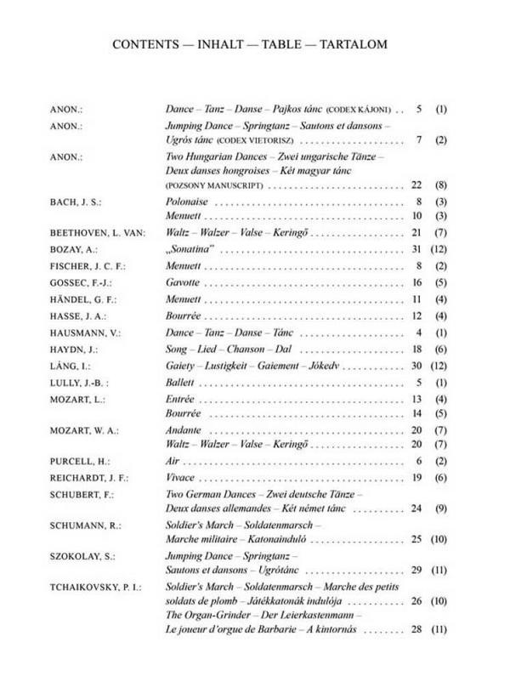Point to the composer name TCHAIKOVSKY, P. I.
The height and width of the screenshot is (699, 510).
point(95,587)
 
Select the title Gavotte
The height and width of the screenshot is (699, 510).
point(182,281)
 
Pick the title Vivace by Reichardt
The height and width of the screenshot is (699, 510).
point(179,477)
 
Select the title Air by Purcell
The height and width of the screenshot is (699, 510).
point(173,461)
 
